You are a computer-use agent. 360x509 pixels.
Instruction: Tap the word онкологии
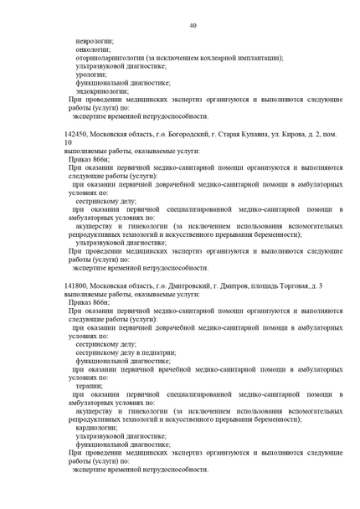(x=93, y=49)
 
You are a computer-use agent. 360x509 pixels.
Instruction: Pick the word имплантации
(x=259, y=58)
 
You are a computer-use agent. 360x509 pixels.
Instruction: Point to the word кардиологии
(x=96, y=427)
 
